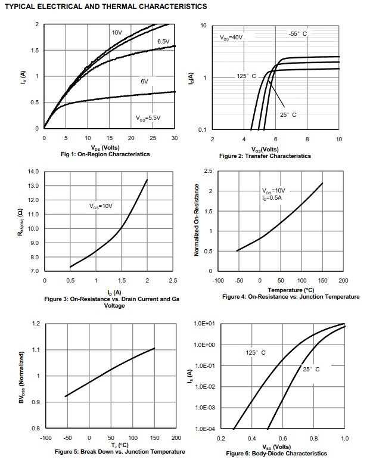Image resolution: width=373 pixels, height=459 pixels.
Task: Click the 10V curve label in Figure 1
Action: point(117,32)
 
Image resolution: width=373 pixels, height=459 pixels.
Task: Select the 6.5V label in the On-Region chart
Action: point(163,41)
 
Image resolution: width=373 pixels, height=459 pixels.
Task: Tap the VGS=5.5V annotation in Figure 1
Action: point(148,117)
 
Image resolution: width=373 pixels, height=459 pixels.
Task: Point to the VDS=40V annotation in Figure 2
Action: point(231,37)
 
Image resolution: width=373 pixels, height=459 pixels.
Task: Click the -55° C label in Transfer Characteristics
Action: point(298,34)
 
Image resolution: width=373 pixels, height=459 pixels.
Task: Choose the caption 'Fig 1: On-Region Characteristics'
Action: point(105,154)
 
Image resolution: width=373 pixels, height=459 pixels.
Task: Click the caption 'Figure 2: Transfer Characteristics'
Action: point(265,156)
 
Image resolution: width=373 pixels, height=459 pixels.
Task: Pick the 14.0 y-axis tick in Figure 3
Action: point(33,172)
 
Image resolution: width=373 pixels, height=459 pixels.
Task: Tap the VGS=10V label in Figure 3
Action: point(101,206)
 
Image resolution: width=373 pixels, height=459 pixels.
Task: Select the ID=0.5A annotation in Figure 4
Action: point(274,197)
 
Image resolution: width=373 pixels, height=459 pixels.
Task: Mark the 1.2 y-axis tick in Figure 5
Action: point(36,324)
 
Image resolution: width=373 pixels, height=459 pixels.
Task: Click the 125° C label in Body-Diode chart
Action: point(256,353)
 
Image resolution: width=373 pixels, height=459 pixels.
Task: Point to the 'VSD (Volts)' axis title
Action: point(276,446)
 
